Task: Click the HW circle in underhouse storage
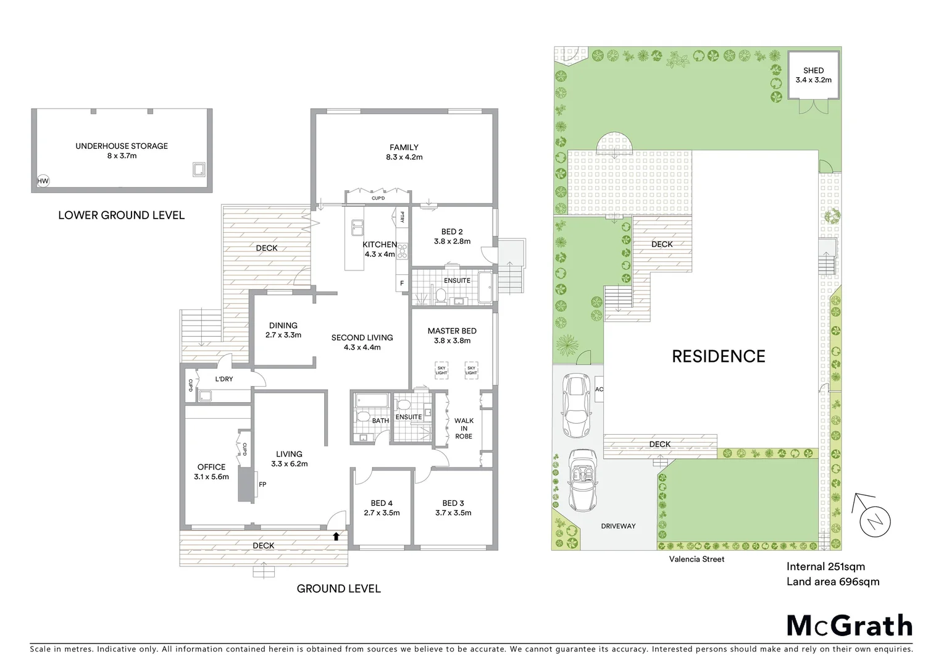[x=43, y=181]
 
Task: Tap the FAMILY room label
[x=404, y=148]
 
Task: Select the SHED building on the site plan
[x=813, y=75]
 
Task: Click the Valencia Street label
[x=696, y=560]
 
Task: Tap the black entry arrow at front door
[x=336, y=536]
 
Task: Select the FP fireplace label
[x=262, y=485]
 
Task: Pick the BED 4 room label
[x=382, y=503]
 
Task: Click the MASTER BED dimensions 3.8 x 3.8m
[x=452, y=341]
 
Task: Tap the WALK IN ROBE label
[x=464, y=429]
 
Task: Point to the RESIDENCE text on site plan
[x=718, y=356]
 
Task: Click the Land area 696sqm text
[x=832, y=582]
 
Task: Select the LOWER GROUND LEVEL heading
[x=121, y=216]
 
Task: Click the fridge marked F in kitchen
[x=402, y=283]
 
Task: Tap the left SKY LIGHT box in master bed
[x=441, y=369]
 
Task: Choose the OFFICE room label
[x=211, y=468]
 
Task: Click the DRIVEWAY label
[x=618, y=526]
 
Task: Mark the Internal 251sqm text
[x=825, y=567]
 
